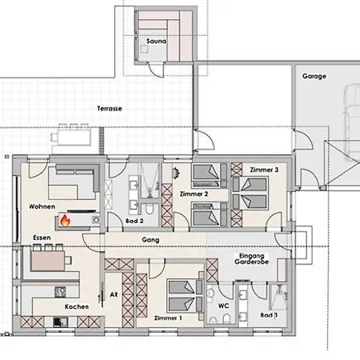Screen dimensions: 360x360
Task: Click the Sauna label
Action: [x=156, y=41]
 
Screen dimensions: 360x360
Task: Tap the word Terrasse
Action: [x=110, y=109]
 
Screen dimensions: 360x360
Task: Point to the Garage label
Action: [x=314, y=76]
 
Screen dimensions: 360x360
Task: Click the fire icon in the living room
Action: [x=65, y=221]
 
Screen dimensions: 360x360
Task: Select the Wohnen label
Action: [x=42, y=206]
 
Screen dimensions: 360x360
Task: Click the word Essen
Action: [x=42, y=238]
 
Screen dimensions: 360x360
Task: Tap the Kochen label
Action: [x=77, y=306]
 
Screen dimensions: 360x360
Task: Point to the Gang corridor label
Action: [x=150, y=240]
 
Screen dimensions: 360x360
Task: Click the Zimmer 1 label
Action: [x=168, y=318]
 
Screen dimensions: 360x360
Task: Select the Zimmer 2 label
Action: [x=194, y=194]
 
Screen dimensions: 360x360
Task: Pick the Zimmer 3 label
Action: [x=264, y=170]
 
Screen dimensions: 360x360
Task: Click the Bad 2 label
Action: [x=134, y=221]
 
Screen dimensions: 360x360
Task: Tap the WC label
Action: [x=223, y=306]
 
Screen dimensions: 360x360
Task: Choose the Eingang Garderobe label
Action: [x=251, y=258]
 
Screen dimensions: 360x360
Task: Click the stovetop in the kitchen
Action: [x=60, y=292]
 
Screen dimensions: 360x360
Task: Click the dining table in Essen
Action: [x=48, y=261]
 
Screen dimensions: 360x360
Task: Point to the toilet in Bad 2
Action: [x=150, y=209]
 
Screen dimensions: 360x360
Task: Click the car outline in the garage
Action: [x=351, y=122]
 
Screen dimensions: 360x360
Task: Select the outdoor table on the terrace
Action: [x=74, y=137]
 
